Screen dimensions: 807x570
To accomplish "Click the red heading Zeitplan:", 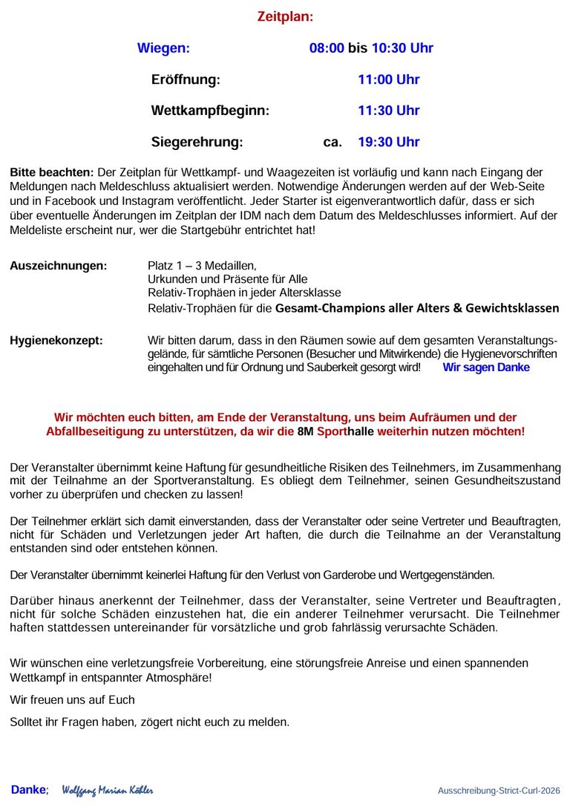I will pos(285,16).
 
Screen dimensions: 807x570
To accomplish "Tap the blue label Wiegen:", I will pos(163,48).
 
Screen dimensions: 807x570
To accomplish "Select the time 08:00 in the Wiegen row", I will pos(327,48).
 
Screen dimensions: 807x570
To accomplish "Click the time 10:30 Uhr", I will pos(402,48).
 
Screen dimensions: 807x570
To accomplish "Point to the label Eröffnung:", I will pos(186,79).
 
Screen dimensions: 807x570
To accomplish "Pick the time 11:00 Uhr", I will pos(388,79).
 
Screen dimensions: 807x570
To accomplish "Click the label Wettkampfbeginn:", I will pos(210,111).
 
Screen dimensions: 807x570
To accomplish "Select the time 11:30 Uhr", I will pos(388,111).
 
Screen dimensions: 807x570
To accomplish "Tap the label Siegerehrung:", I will pos(197,142).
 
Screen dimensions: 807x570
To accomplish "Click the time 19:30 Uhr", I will pos(388,142).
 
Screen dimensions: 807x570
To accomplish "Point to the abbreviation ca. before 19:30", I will pos(332,142).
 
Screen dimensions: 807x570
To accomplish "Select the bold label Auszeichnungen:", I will pos(58,266).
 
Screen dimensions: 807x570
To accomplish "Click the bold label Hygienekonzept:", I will pos(56,341).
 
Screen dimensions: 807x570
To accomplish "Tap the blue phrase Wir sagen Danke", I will pos(486,367).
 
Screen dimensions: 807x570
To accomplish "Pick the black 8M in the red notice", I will pos(305,431).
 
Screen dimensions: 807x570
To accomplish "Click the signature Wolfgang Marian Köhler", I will pos(108,791).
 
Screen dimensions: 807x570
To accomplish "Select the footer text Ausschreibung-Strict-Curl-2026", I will pos(499,791).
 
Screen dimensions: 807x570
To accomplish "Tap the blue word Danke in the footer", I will pos(28,790).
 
